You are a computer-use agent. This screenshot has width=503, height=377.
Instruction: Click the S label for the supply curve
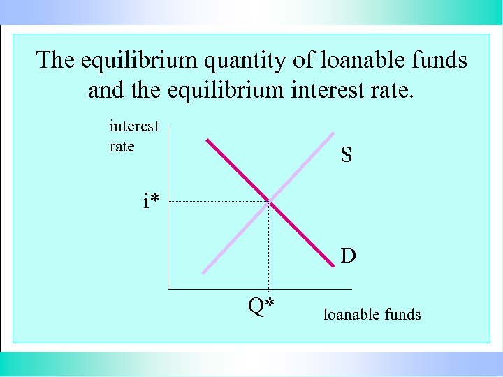click(x=347, y=155)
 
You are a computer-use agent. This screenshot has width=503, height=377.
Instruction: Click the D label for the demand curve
click(x=348, y=256)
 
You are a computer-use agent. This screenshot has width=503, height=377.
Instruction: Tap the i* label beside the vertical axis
click(x=152, y=202)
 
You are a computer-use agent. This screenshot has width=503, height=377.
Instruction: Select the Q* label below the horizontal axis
click(x=261, y=306)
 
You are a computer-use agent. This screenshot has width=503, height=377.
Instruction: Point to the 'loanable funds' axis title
click(x=372, y=315)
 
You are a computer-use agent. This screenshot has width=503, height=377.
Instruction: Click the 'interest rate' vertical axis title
click(x=134, y=136)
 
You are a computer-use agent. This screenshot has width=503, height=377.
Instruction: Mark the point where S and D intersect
click(x=269, y=202)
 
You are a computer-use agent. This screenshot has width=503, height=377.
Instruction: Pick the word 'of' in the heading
click(x=304, y=60)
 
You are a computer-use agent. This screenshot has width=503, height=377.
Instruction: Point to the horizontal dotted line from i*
click(x=217, y=202)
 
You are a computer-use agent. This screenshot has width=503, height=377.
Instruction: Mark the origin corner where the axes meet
click(x=168, y=288)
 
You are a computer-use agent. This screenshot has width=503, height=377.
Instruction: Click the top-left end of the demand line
click(x=207, y=140)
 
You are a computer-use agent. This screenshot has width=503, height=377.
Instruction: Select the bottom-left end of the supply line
click(x=203, y=272)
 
